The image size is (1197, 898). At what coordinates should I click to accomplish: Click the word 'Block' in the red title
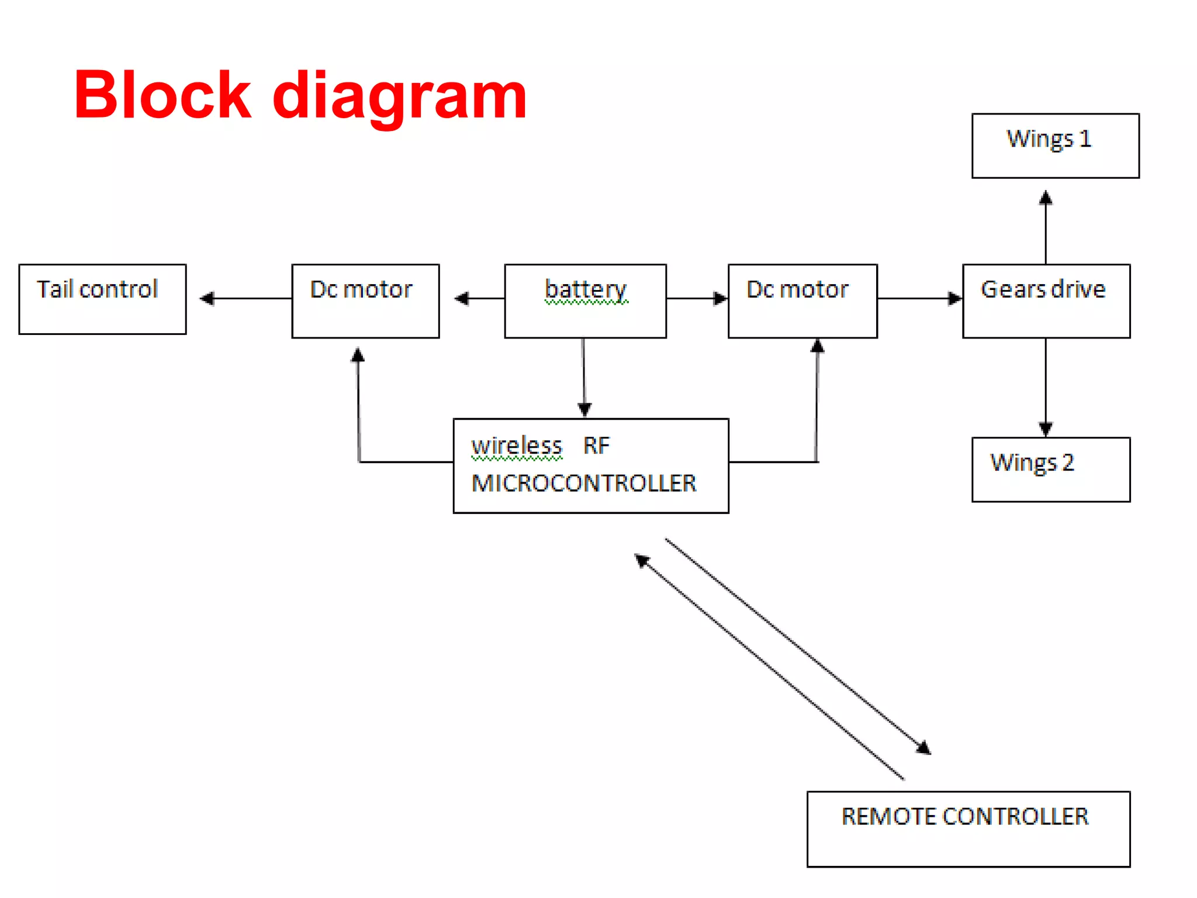[162, 95]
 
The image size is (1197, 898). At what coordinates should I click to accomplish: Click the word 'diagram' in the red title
[400, 96]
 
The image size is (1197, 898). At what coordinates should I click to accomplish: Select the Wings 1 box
[1055, 146]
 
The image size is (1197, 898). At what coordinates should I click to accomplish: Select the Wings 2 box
[1050, 469]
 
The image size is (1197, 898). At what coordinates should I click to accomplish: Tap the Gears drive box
[1046, 301]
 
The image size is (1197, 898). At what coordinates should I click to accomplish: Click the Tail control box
[102, 299]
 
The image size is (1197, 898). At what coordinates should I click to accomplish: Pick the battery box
[585, 301]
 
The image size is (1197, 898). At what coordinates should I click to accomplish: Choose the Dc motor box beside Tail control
[365, 301]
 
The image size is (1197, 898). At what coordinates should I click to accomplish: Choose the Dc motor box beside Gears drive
[802, 301]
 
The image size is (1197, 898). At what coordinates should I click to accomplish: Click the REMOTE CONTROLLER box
[968, 829]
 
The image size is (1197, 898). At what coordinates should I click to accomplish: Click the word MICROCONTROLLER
[583, 483]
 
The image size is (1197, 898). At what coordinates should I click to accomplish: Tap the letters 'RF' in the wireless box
[596, 446]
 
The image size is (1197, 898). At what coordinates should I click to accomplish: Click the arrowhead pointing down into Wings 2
[1046, 429]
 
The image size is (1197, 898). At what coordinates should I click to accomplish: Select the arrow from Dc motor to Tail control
[245, 299]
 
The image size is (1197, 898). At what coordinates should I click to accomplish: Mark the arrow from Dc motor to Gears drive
[919, 299]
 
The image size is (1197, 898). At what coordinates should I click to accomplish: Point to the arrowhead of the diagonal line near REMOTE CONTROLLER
[923, 748]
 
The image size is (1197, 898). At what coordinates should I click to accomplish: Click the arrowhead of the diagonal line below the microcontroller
[642, 561]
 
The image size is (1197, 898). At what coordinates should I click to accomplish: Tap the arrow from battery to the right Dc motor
[697, 299]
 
